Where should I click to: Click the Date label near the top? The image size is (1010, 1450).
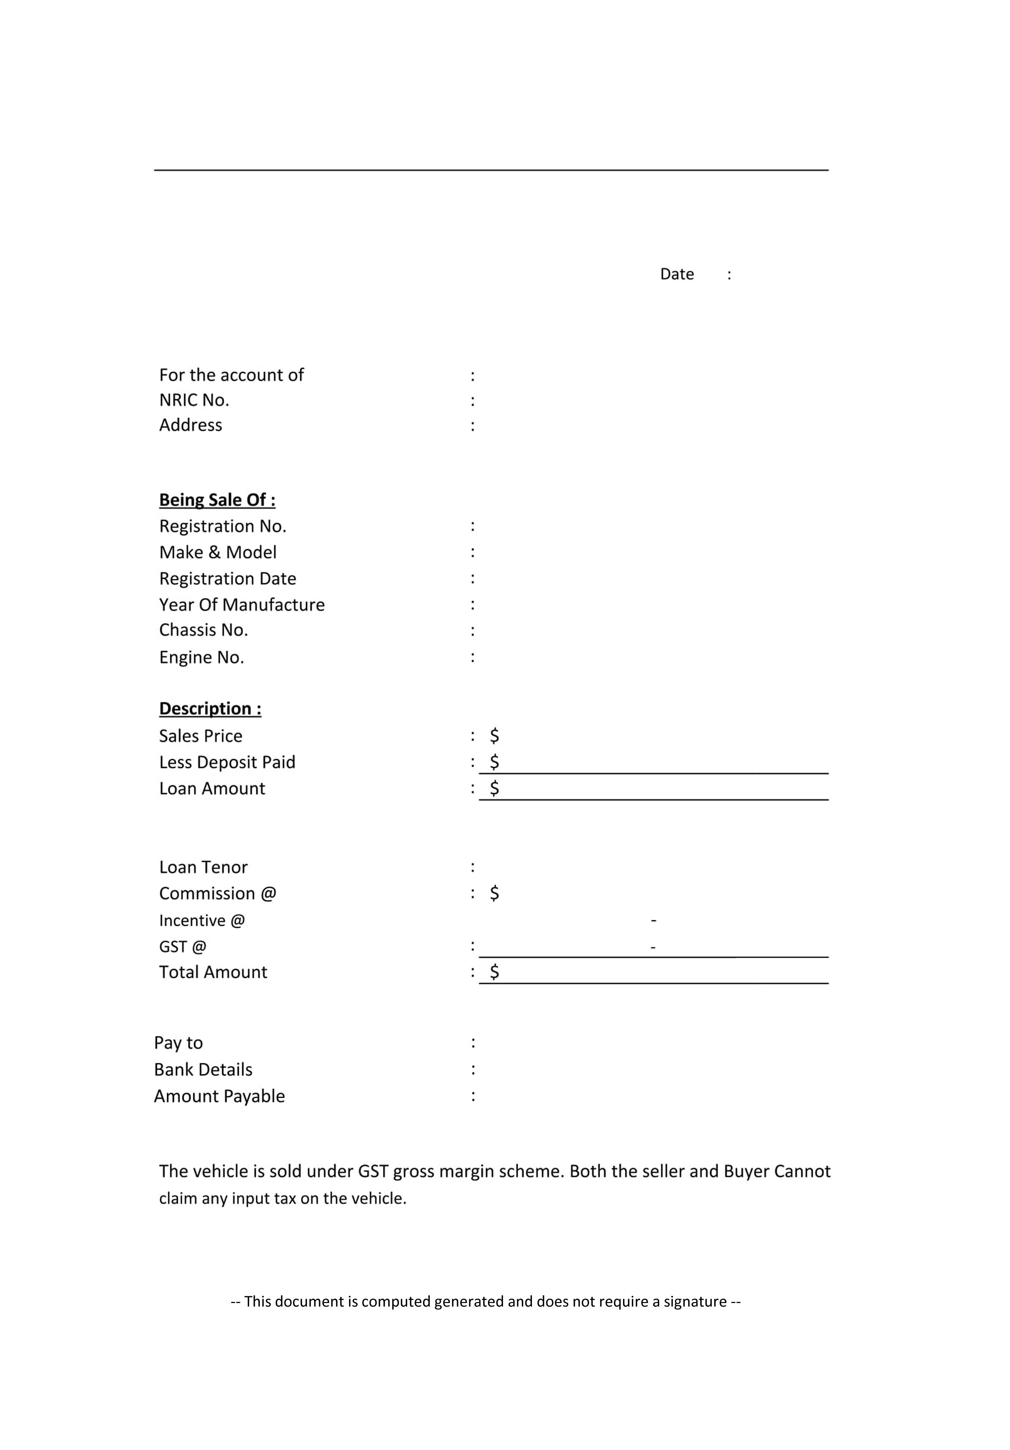click(677, 274)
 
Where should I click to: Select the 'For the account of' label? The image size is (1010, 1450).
click(231, 375)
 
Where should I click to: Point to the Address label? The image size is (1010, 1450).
click(191, 425)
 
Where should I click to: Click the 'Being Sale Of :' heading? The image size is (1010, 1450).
click(217, 500)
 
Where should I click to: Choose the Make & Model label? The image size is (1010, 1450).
click(218, 553)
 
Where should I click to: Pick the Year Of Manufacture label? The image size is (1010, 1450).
click(242, 605)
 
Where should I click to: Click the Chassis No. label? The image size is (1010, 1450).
click(203, 630)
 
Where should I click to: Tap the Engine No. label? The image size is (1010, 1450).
click(201, 657)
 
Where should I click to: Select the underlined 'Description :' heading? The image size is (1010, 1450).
click(210, 709)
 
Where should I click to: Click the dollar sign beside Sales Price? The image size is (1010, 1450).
click(494, 736)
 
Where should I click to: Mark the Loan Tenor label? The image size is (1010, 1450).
click(203, 867)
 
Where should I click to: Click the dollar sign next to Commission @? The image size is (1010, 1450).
click(494, 893)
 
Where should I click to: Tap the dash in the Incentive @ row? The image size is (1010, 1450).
click(654, 920)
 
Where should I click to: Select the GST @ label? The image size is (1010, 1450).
click(183, 947)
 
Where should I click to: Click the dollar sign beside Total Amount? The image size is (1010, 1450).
click(494, 972)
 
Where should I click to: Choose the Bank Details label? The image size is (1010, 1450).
click(203, 1069)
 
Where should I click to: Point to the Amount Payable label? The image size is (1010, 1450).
click(219, 1096)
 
